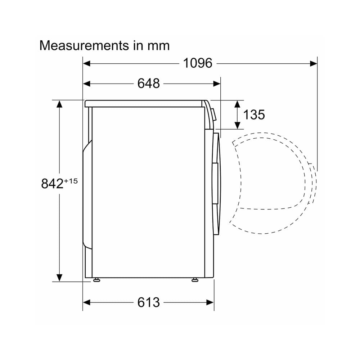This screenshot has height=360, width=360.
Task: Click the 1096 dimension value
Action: tap(198, 63)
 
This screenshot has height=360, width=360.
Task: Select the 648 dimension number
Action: tap(149, 84)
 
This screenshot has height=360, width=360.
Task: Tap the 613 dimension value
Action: tap(149, 302)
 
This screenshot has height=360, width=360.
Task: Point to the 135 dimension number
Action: tap(254, 114)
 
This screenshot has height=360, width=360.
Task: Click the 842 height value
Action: tap(52, 184)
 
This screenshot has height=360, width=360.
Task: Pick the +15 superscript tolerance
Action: tap(71, 181)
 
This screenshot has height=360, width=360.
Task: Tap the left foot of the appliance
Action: tap(96, 280)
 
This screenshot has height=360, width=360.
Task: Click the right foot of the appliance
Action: tap(195, 280)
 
